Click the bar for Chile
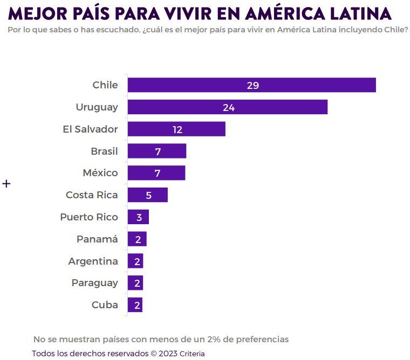click(251, 85)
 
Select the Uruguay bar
click(228, 107)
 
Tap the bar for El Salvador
click(176, 129)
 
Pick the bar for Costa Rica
click(148, 195)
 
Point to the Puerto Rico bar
click(138, 217)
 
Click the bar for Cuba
click(135, 305)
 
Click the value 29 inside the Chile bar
click(253, 86)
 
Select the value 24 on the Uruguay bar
click(229, 108)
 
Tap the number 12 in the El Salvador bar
click(177, 130)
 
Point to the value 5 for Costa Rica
click(148, 196)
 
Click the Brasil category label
click(104, 151)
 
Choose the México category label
click(100, 173)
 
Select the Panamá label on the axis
click(97, 239)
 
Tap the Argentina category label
click(93, 261)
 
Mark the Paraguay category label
click(94, 283)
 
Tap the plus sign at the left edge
click(6, 184)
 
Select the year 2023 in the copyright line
click(168, 354)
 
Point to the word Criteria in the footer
click(192, 354)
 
